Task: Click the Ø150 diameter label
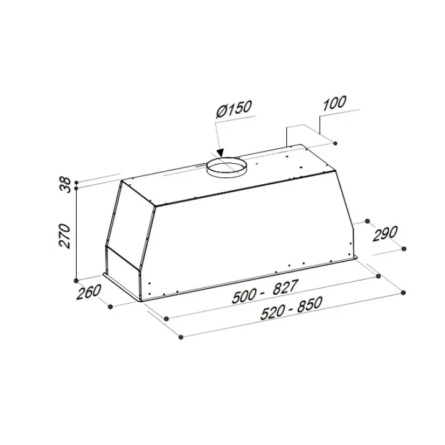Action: pyautogui.click(x=234, y=109)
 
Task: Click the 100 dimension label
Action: pyautogui.click(x=334, y=103)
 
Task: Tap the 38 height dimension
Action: pyautogui.click(x=66, y=185)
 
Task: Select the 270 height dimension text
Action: pyautogui.click(x=64, y=236)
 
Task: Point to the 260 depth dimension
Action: pyautogui.click(x=88, y=292)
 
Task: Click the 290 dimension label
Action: pyautogui.click(x=385, y=234)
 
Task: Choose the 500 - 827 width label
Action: pyautogui.click(x=265, y=292)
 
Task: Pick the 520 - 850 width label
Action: pyautogui.click(x=291, y=308)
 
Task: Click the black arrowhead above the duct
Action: pyautogui.click(x=220, y=153)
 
